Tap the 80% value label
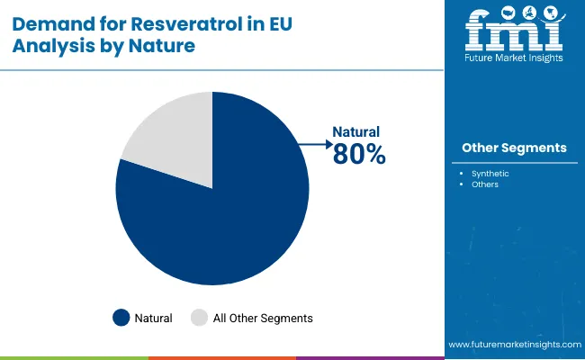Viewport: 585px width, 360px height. (x=359, y=155)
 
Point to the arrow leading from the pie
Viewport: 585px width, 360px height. (x=315, y=142)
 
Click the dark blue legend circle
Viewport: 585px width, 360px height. (x=121, y=318)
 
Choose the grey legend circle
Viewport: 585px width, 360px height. (x=199, y=318)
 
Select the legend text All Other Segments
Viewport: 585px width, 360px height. (x=263, y=318)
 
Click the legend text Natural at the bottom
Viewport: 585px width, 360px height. (x=154, y=318)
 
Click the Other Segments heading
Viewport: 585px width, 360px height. (x=514, y=148)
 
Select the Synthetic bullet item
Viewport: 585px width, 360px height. (x=491, y=172)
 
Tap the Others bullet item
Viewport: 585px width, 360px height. (x=485, y=184)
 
